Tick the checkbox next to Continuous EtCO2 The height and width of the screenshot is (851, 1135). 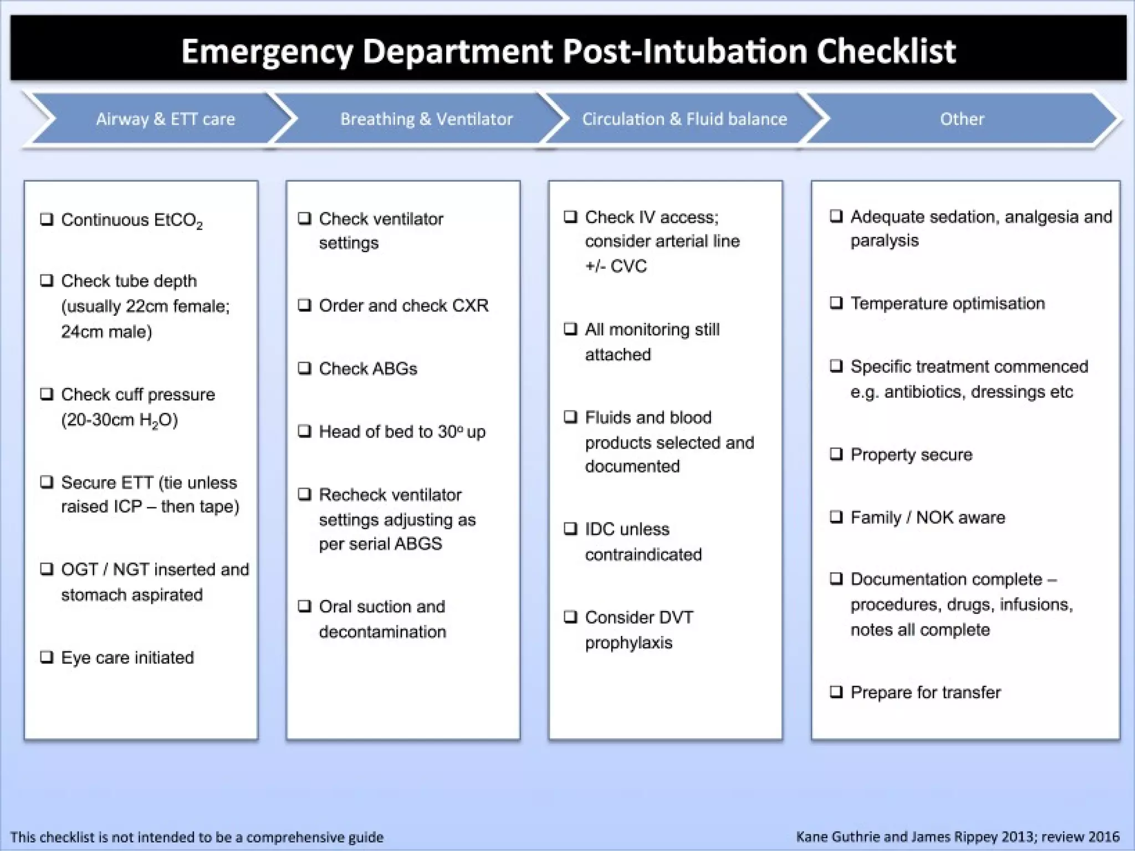click(47, 219)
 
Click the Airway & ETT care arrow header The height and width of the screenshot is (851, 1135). click(165, 119)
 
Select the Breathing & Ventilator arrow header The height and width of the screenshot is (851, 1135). click(426, 119)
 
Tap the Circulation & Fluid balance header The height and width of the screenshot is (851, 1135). click(684, 119)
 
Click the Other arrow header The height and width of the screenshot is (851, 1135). click(962, 119)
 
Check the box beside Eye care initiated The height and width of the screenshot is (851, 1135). click(47, 657)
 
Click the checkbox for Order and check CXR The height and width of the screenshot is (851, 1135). click(305, 305)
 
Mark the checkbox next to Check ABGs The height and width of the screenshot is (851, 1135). click(305, 368)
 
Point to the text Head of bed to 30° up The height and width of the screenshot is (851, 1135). click(402, 432)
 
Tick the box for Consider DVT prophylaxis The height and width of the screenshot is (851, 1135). click(570, 617)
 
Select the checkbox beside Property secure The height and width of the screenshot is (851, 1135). click(836, 454)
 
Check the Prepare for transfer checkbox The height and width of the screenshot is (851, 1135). click(836, 691)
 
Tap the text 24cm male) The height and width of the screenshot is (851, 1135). click(106, 331)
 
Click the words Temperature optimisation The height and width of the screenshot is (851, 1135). click(948, 303)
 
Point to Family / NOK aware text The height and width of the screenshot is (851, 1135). click(927, 517)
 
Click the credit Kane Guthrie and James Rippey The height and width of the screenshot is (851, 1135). click(914, 837)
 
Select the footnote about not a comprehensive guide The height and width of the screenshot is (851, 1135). click(197, 837)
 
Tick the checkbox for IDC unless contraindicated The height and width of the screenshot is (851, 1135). click(570, 529)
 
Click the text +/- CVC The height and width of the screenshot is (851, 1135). click(616, 266)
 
